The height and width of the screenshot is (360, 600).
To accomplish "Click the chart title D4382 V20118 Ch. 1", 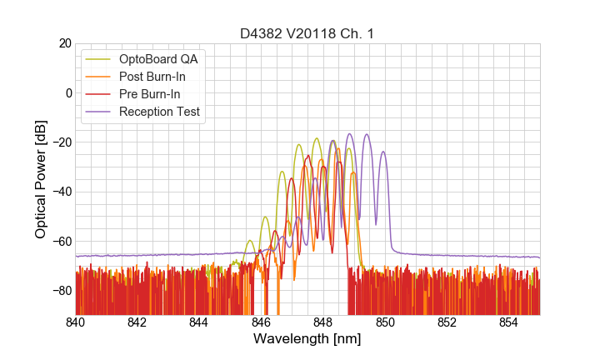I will [x=307, y=33].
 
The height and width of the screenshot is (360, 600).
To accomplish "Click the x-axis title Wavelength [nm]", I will [x=307, y=340].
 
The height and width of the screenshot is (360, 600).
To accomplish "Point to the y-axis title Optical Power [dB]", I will [x=40, y=179].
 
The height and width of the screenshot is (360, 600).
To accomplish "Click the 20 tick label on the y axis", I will [x=64, y=43].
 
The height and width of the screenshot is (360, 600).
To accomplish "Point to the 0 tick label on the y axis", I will [x=67, y=92].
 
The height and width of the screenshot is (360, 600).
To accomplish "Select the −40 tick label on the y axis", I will [x=61, y=192].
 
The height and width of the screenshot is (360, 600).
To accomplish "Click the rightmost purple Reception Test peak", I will [x=382, y=152].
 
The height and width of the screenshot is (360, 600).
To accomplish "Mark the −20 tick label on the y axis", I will [x=61, y=142].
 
